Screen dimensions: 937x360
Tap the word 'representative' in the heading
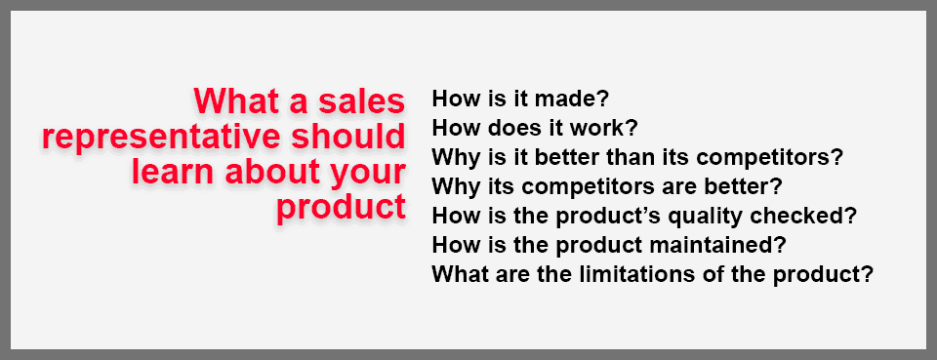152,137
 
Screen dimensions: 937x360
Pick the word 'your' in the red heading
366,175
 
